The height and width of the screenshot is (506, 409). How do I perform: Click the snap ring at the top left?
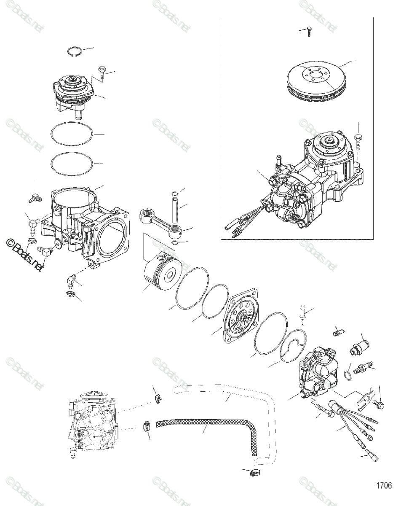[x=75, y=52]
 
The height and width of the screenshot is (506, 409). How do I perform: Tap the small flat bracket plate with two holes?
[x=363, y=398]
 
